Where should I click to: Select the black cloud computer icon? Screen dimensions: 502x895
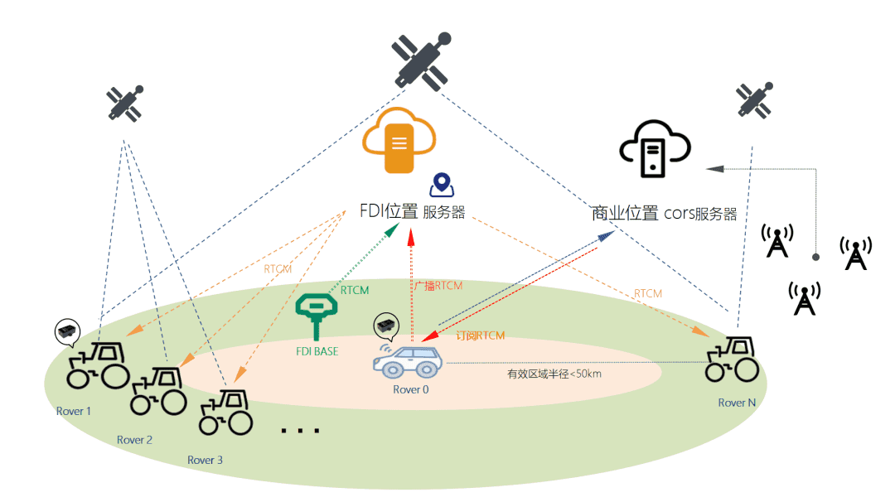tap(655, 151)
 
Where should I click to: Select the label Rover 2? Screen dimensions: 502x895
tap(134, 440)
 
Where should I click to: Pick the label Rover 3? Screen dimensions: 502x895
tap(205, 460)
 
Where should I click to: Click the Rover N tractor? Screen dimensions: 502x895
tap(732, 360)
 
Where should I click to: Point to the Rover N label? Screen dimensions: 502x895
tap(737, 403)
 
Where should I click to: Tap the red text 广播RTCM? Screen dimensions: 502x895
tap(438, 286)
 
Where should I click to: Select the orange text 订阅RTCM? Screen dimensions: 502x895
tap(481, 335)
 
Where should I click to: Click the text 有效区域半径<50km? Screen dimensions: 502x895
tap(554, 374)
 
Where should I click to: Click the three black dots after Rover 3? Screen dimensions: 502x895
tap(301, 431)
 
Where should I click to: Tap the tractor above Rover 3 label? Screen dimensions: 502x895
tap(225, 413)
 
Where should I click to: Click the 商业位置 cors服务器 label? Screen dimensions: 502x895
tap(664, 213)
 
